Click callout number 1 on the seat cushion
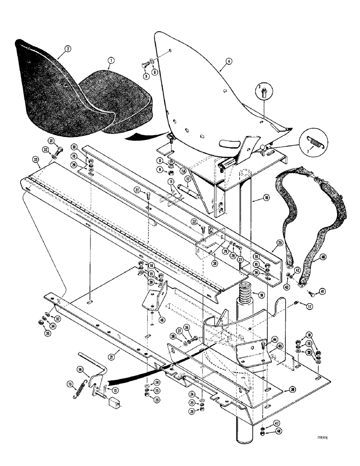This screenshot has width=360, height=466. (x=110, y=61)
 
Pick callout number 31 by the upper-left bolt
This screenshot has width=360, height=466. (x=51, y=141)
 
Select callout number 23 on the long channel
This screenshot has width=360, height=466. (x=280, y=243)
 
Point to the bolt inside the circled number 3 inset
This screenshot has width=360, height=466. (x=264, y=92)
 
